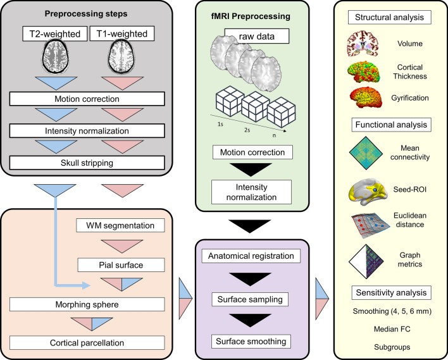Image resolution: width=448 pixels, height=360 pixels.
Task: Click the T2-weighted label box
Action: coord(55,34)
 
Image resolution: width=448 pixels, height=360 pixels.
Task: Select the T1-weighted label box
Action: coord(122,34)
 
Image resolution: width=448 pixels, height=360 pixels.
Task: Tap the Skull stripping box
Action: coord(87,163)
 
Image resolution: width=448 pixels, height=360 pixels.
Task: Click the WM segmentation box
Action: coord(120,225)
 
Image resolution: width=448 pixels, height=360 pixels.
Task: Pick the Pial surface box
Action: coord(121,265)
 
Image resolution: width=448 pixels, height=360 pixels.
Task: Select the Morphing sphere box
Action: coord(87,304)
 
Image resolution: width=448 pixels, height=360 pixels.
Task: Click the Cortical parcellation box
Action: coord(87,342)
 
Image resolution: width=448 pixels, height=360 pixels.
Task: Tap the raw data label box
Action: coord(256,36)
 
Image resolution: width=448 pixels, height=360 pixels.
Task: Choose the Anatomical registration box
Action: coord(251,256)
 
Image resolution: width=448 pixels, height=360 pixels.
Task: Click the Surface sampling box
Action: coord(250,299)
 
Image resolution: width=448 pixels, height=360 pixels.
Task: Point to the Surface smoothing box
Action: coord(251,342)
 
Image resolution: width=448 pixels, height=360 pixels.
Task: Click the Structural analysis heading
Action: coord(389,17)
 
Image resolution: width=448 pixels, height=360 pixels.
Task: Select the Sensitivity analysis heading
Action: coord(391,292)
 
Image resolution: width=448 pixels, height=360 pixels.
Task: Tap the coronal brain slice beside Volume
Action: coord(363,44)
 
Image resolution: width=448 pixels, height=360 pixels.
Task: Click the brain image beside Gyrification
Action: coord(366,97)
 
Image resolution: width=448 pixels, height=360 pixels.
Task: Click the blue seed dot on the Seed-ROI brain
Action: coord(375,190)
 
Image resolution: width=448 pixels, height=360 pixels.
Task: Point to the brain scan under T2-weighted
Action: coord(56,56)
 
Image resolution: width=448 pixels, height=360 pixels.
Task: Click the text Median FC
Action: coord(392,329)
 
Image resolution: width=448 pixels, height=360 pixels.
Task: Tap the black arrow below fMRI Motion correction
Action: coord(251,170)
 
